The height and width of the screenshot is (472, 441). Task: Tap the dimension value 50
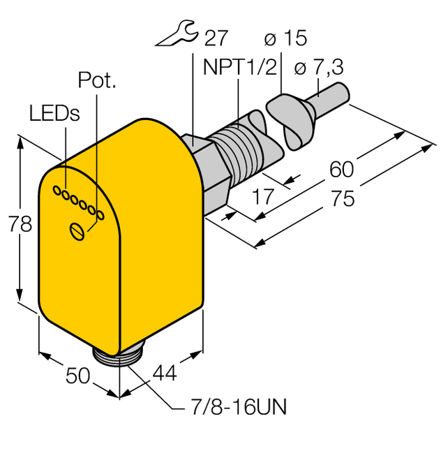[77, 376]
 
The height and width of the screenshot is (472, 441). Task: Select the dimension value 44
[163, 375]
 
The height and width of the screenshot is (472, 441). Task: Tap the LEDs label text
[54, 112]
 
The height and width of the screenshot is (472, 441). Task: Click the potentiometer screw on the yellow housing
[78, 230]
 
